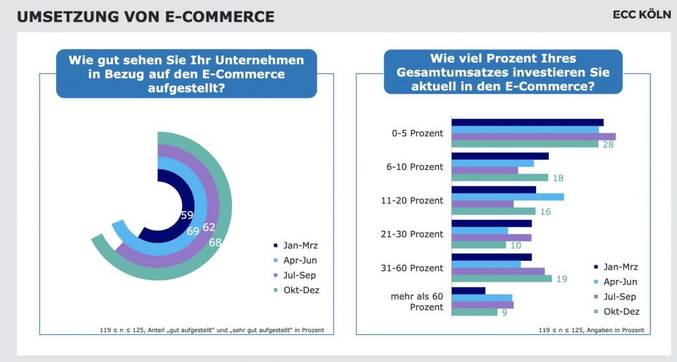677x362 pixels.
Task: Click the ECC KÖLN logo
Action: tap(641, 15)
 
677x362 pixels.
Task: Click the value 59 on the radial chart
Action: tap(187, 215)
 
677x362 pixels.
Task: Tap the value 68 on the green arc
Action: tap(215, 242)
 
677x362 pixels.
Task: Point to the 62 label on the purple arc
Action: tap(209, 227)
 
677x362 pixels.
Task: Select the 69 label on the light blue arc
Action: tap(193, 231)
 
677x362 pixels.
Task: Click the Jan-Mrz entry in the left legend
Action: tap(296, 246)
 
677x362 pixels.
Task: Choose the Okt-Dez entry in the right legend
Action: tap(617, 312)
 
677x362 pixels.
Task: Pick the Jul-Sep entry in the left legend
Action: tap(296, 275)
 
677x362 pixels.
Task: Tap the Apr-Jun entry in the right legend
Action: tap(616, 282)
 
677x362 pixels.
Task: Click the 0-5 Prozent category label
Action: tap(417, 134)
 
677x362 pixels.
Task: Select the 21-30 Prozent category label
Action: tap(412, 234)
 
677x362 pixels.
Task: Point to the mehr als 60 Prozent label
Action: tap(417, 302)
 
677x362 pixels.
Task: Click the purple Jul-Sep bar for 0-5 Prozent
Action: tap(534, 137)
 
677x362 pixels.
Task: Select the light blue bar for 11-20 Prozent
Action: tap(508, 197)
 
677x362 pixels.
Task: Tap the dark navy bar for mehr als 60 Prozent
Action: tap(469, 291)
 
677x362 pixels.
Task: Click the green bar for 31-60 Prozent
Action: tap(502, 279)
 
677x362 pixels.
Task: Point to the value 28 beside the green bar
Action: tap(608, 145)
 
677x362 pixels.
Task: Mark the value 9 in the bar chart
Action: tap(504, 312)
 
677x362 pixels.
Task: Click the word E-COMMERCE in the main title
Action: tap(219, 17)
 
